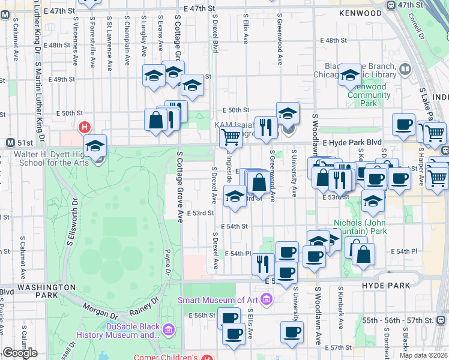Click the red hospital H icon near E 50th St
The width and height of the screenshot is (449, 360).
(x=85, y=127)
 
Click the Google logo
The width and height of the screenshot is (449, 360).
(x=20, y=353)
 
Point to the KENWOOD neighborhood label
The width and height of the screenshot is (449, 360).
(x=360, y=13)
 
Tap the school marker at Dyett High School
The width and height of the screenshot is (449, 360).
(x=95, y=146)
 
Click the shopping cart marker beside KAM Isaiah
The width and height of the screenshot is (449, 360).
(x=231, y=137)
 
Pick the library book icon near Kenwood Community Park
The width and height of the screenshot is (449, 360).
(x=405, y=70)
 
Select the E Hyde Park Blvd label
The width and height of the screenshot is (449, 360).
(x=352, y=143)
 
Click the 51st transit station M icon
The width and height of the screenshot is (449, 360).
(x=10, y=143)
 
